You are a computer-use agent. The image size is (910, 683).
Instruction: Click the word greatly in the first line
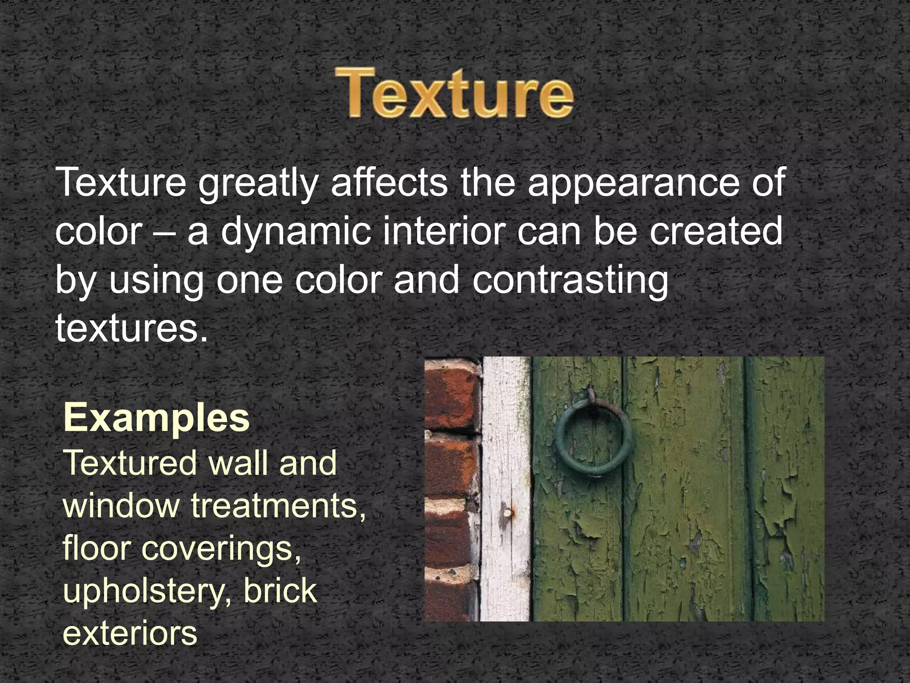pyautogui.click(x=258, y=183)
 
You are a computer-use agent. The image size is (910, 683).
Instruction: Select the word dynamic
pyautogui.click(x=295, y=232)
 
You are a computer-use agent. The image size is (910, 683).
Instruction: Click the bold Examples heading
pyautogui.click(x=156, y=418)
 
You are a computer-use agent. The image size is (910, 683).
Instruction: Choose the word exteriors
pyautogui.click(x=130, y=633)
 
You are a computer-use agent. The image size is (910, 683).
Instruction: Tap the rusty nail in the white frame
pyautogui.click(x=508, y=514)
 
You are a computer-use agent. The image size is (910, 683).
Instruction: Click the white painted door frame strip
pyautogui.click(x=507, y=445)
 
